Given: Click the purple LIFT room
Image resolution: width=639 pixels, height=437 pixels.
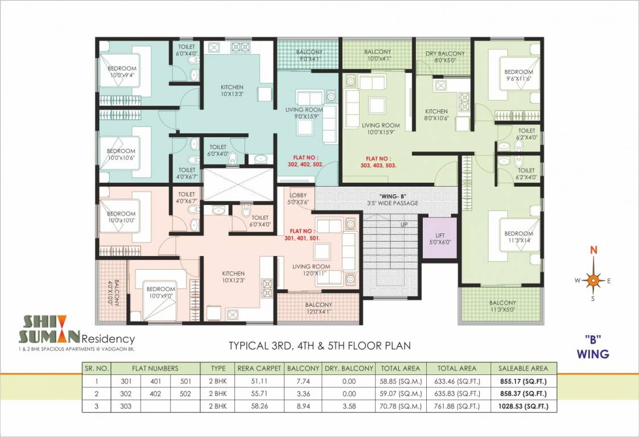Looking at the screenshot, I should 439,238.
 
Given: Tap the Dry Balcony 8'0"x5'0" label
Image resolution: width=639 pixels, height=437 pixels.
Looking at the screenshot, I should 445,56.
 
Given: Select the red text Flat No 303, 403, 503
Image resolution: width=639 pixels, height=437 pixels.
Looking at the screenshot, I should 380,162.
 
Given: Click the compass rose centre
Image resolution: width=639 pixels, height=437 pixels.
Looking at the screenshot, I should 593,280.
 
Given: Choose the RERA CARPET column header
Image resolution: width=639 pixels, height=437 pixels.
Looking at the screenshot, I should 261,368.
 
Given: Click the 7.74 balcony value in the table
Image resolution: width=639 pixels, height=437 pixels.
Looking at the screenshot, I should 303,381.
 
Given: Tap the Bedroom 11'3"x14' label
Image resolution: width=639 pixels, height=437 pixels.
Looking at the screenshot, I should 518,237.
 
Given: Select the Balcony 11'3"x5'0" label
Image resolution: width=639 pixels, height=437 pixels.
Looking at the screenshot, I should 502,306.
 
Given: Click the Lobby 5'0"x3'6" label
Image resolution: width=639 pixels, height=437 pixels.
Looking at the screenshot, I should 299,198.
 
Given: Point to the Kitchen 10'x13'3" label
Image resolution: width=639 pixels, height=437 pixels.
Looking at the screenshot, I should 232,91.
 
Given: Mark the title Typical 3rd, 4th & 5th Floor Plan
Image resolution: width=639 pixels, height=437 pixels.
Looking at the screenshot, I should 319,345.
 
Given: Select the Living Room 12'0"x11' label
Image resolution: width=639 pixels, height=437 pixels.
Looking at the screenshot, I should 311,270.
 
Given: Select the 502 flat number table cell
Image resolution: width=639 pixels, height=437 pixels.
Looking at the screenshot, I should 185,394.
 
